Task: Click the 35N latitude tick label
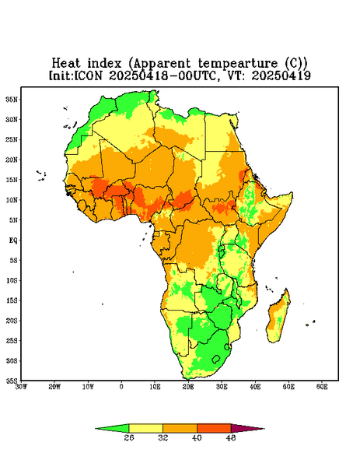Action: coord(12,99)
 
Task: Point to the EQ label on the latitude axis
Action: coord(12,240)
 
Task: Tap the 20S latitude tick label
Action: coord(12,321)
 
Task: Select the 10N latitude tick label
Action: coord(12,200)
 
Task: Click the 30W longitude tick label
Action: coord(21,387)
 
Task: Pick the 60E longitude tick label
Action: coord(322,387)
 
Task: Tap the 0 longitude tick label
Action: coord(121,387)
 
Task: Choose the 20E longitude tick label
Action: coord(188,387)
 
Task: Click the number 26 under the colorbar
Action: coord(129,437)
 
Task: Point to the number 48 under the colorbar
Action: coord(231,437)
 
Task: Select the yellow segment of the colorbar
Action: coord(145,428)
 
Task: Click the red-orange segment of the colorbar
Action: coord(214,428)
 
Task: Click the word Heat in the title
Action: coord(66,64)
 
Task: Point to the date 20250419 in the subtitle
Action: coord(281,75)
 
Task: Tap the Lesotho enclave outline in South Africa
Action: coord(215,359)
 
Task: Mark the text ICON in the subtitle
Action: coord(88,75)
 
